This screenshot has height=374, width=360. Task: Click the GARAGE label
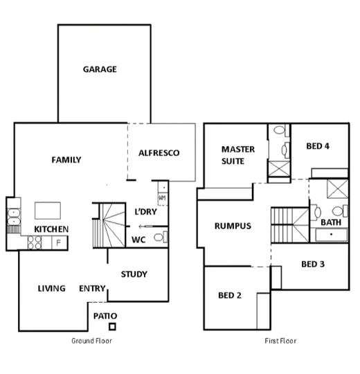point(100,69)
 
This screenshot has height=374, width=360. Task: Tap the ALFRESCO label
point(159,152)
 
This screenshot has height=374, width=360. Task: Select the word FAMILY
point(66,160)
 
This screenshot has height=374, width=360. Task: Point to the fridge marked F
point(58,242)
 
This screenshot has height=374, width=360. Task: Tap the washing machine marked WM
point(162,198)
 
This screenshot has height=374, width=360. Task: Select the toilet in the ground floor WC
point(159,239)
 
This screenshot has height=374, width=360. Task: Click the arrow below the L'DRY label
point(146,226)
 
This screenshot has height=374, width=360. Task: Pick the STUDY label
point(134,274)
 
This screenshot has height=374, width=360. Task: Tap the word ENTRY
point(92,289)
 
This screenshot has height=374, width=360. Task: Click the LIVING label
point(52,289)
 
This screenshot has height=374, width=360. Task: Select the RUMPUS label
point(233,226)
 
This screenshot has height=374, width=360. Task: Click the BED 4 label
point(318,146)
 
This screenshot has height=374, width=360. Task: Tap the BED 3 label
point(313,264)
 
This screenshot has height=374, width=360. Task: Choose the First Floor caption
point(280,341)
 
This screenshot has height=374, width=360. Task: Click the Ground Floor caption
point(92,341)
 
